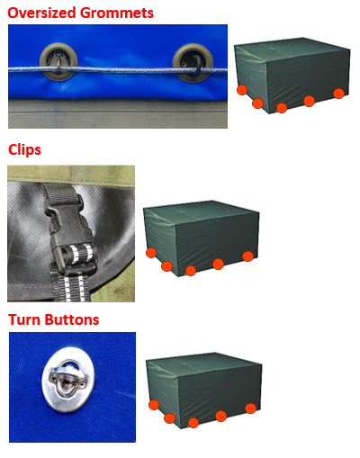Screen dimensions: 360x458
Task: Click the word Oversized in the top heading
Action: point(41,13)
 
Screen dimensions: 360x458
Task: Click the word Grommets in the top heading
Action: point(117,13)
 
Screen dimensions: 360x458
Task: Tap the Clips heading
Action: point(24,150)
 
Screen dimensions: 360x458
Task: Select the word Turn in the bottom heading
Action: point(24,319)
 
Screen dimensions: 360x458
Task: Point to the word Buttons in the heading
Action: point(72,319)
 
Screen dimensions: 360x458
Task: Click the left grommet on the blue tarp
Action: point(58,62)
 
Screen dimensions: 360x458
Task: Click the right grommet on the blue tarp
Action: point(193,63)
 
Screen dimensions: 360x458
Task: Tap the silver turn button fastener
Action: point(68,380)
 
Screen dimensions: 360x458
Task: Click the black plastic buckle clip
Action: point(70,231)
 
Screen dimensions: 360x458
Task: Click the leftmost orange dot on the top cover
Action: point(242,90)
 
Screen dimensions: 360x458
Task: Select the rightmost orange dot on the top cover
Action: point(338,94)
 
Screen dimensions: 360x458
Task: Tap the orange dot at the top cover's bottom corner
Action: point(282,108)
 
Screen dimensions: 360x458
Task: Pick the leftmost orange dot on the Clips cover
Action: point(151,253)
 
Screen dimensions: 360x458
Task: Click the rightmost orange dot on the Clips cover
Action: point(247,256)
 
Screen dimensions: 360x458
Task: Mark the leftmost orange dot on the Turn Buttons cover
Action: point(154,405)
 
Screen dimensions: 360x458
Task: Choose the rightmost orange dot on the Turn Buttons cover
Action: point(250,409)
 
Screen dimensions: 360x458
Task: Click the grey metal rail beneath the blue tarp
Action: point(118,114)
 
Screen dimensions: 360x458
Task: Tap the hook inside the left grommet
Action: point(59,62)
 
